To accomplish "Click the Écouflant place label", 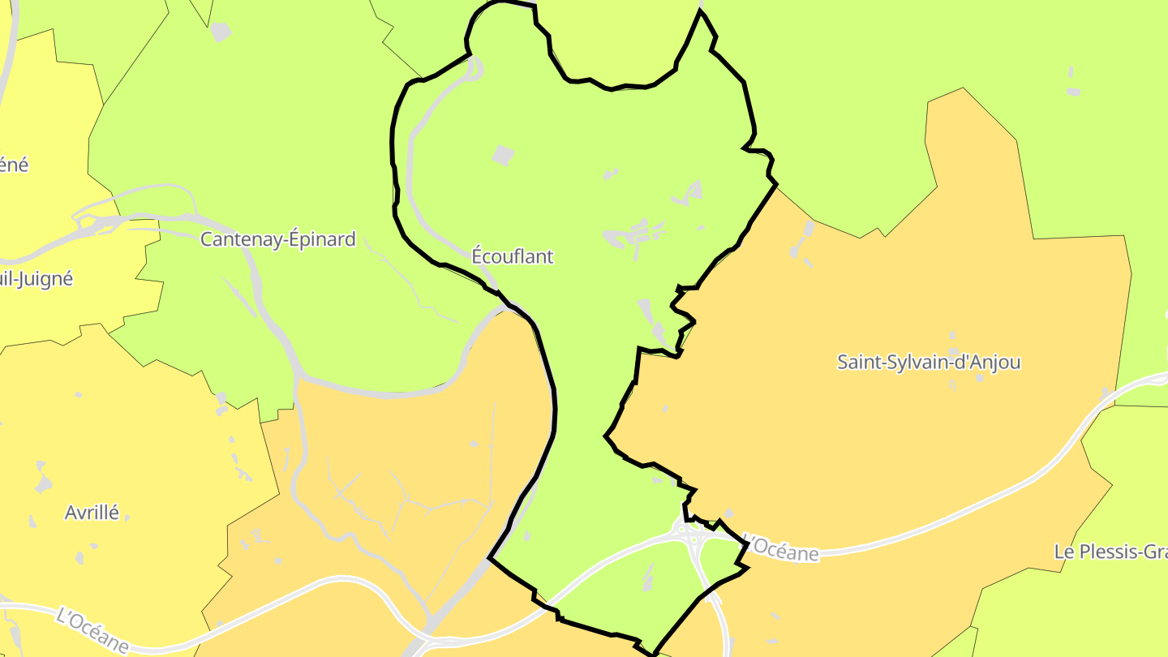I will click(x=513, y=256).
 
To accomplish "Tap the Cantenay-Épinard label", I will click(x=277, y=239).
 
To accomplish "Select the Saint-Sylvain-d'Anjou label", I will click(x=929, y=362).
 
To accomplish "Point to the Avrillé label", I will click(x=92, y=513).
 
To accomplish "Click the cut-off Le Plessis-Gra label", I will click(x=1110, y=552).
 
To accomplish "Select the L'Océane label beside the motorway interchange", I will click(x=781, y=547).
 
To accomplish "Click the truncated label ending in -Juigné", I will click(x=36, y=279).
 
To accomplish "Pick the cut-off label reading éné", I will click(x=14, y=165).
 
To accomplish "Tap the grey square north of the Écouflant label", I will click(x=504, y=155).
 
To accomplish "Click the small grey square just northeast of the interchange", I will click(x=728, y=513).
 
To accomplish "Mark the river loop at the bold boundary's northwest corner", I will click(x=474, y=68).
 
